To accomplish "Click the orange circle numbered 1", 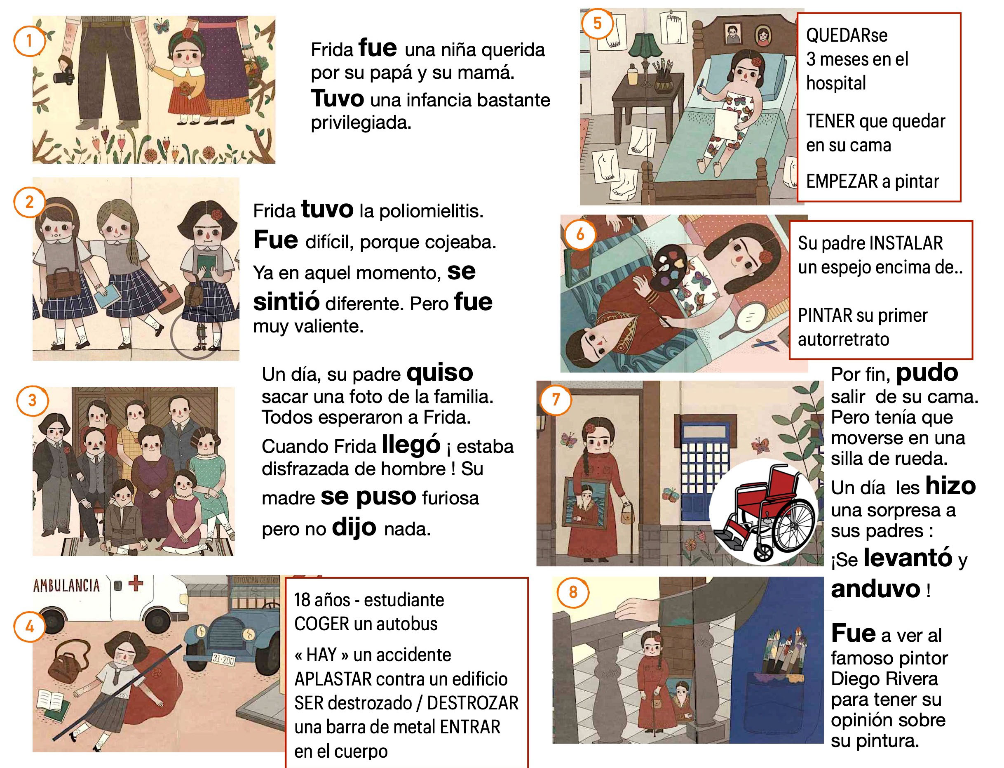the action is click(30, 41).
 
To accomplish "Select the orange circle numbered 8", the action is click(573, 592).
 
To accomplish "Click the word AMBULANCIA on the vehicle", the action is click(67, 586).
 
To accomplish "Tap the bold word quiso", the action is click(439, 372).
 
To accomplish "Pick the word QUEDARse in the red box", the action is click(847, 35).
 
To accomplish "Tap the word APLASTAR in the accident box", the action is click(333, 679).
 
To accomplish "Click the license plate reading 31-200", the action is click(223, 660).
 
